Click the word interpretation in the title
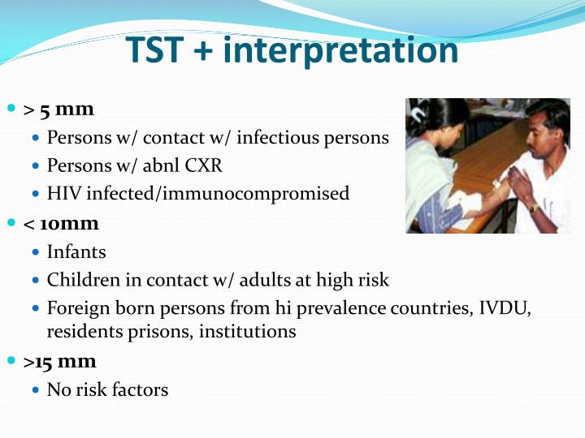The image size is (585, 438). (x=340, y=50)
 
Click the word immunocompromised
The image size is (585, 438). (x=269, y=194)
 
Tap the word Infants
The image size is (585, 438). (x=76, y=251)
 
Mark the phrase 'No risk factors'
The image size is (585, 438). (x=107, y=389)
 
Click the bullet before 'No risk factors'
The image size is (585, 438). (x=36, y=390)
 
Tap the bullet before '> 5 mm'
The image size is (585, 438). (x=11, y=109)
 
